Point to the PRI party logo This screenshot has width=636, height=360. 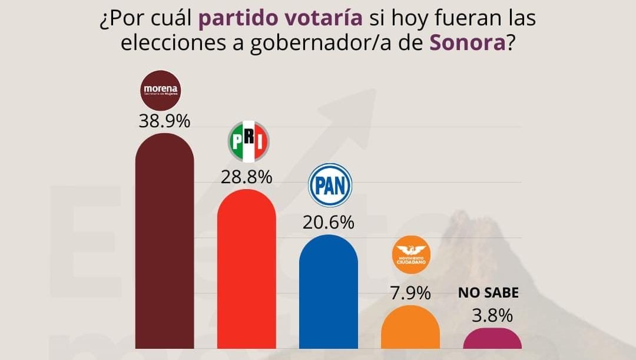(248, 143)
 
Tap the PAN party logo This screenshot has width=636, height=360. (330, 185)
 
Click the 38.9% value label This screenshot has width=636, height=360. (164, 121)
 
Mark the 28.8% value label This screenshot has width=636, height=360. (246, 176)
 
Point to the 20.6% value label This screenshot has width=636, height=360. (328, 222)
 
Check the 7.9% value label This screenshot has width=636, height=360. (410, 293)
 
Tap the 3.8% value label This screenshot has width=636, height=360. (492, 316)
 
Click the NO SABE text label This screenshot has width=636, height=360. (488, 293)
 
